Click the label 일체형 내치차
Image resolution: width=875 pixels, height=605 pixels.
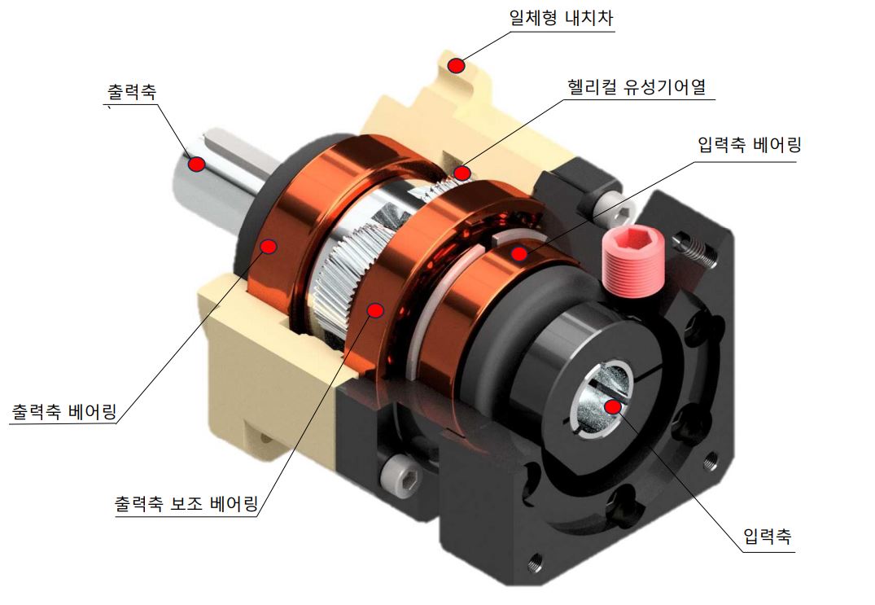(x=561, y=18)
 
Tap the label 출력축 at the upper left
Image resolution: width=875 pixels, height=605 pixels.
(x=131, y=91)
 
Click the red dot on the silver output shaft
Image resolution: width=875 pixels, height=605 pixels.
(x=195, y=164)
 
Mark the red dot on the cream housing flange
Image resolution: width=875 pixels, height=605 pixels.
(x=458, y=65)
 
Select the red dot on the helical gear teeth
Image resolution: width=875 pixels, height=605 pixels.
(x=462, y=173)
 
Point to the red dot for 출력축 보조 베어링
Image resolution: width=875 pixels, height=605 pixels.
(x=375, y=309)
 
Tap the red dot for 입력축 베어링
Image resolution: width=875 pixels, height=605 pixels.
(x=519, y=253)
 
